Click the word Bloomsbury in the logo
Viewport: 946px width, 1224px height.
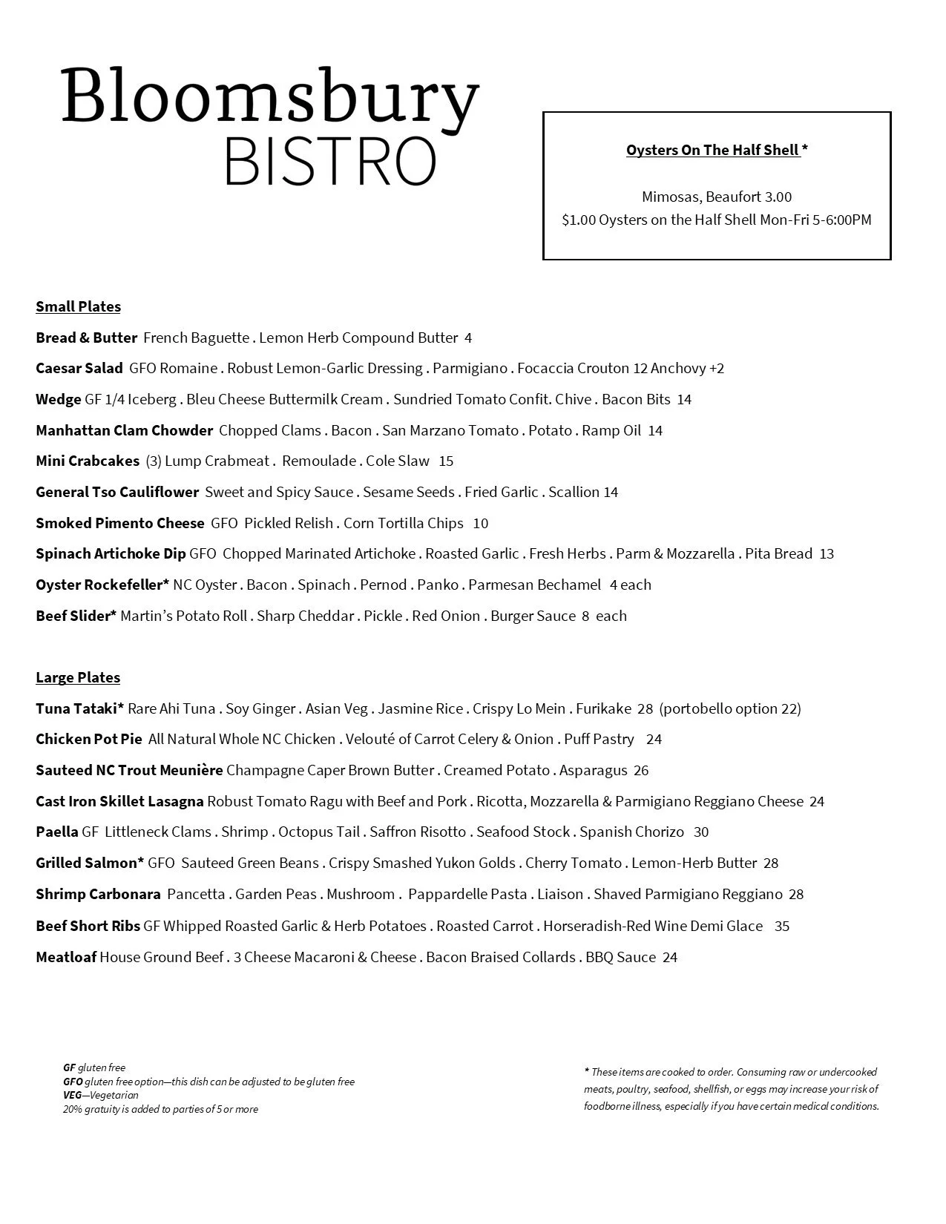[x=270, y=97]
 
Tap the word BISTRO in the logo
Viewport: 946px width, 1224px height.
[x=329, y=161]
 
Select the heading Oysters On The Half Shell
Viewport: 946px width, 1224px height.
[x=712, y=150]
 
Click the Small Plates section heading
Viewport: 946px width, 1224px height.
[x=78, y=306]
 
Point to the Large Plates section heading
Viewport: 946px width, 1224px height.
[x=78, y=677]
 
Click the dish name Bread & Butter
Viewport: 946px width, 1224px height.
[x=86, y=338]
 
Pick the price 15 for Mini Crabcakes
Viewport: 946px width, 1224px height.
[x=446, y=461]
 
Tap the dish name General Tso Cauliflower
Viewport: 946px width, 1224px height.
[x=117, y=492]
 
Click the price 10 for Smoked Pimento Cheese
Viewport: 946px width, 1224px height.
[x=481, y=523]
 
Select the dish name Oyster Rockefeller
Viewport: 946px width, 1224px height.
[x=102, y=585]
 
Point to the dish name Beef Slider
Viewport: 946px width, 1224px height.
[x=76, y=616]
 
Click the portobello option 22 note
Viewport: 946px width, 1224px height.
[x=730, y=708]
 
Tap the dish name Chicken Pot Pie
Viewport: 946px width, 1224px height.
[x=89, y=739]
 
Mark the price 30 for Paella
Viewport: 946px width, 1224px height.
[x=701, y=832]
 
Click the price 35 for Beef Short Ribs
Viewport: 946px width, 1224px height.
[x=782, y=926]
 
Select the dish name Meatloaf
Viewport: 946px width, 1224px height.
[x=66, y=957]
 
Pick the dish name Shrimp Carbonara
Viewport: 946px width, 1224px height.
[x=98, y=894]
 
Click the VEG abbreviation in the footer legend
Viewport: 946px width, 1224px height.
[x=72, y=1095]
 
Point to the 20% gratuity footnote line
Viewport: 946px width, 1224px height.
[x=160, y=1109]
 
